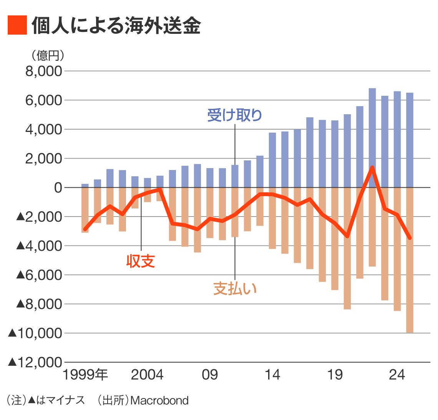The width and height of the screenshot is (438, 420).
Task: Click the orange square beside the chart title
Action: [x=17, y=25]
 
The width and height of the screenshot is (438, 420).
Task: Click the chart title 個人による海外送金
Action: [x=116, y=26]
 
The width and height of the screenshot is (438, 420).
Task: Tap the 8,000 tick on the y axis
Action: [x=43, y=72]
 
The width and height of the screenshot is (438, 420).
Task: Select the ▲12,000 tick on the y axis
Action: [x=35, y=362]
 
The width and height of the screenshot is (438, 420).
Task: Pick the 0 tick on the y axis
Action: [x=58, y=188]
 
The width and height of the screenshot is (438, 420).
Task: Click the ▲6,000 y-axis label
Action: [x=39, y=275]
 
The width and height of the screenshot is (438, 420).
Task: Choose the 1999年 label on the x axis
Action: [x=85, y=375]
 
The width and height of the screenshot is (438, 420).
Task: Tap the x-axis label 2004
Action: [x=147, y=375]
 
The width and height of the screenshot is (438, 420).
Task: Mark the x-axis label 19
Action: [x=335, y=375]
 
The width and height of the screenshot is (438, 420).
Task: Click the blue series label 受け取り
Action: [x=234, y=115]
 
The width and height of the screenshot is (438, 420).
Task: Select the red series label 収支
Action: [x=141, y=261]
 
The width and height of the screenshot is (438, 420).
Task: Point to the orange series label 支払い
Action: [x=235, y=288]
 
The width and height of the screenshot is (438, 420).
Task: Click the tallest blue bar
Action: [x=372, y=138]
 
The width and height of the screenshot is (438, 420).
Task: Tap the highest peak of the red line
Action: [x=372, y=167]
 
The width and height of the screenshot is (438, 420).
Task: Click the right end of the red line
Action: [x=410, y=238]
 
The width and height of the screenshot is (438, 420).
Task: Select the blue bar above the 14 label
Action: [x=272, y=160]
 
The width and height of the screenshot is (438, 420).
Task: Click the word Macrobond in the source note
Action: [x=159, y=400]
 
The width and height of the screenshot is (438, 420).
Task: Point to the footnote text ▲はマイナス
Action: [x=56, y=400]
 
